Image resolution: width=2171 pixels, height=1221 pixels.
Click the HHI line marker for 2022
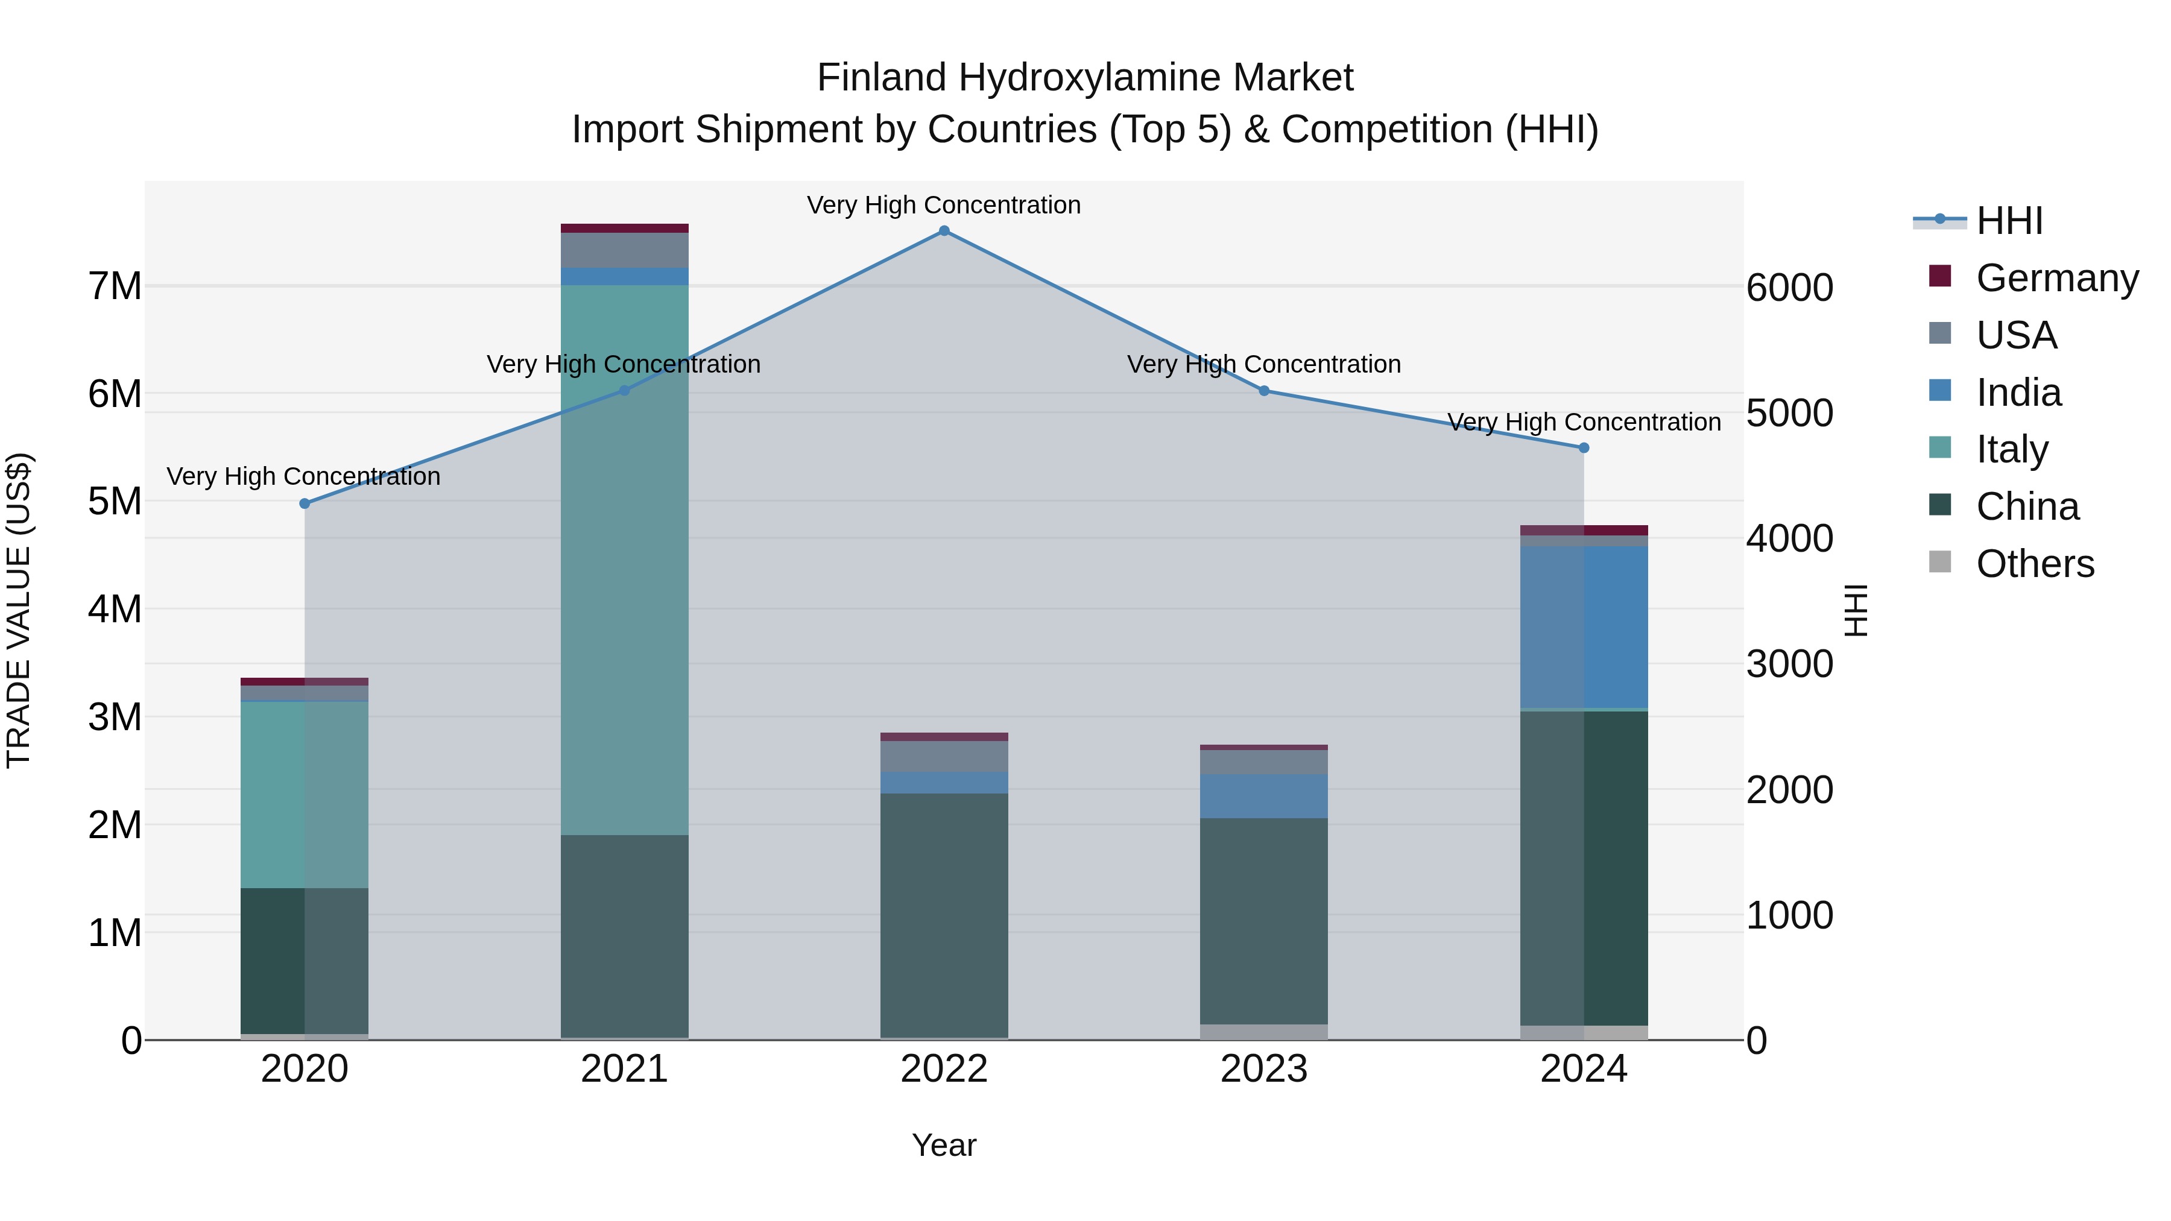click(x=944, y=231)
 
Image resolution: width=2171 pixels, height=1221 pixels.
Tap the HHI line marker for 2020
click(x=305, y=504)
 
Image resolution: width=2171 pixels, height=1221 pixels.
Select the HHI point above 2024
click(x=1584, y=447)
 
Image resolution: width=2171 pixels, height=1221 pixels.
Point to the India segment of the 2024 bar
click(x=1584, y=628)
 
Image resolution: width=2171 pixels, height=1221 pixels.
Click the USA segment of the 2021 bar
click(x=625, y=250)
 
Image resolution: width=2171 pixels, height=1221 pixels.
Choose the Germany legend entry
click(x=2056, y=278)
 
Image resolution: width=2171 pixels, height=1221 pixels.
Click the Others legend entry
click(x=2035, y=564)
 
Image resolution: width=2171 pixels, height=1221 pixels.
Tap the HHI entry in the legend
click(x=2009, y=221)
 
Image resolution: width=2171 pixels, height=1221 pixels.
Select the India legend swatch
click(x=1939, y=391)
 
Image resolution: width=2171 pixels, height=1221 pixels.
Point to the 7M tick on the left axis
click(x=115, y=286)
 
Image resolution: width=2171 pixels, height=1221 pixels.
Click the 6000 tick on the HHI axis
click(x=1789, y=288)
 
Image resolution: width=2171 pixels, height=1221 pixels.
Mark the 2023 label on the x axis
click(x=1263, y=1069)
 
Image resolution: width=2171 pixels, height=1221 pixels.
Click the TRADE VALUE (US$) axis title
click(x=19, y=610)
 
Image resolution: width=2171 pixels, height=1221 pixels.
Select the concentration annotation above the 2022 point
click(x=944, y=205)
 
